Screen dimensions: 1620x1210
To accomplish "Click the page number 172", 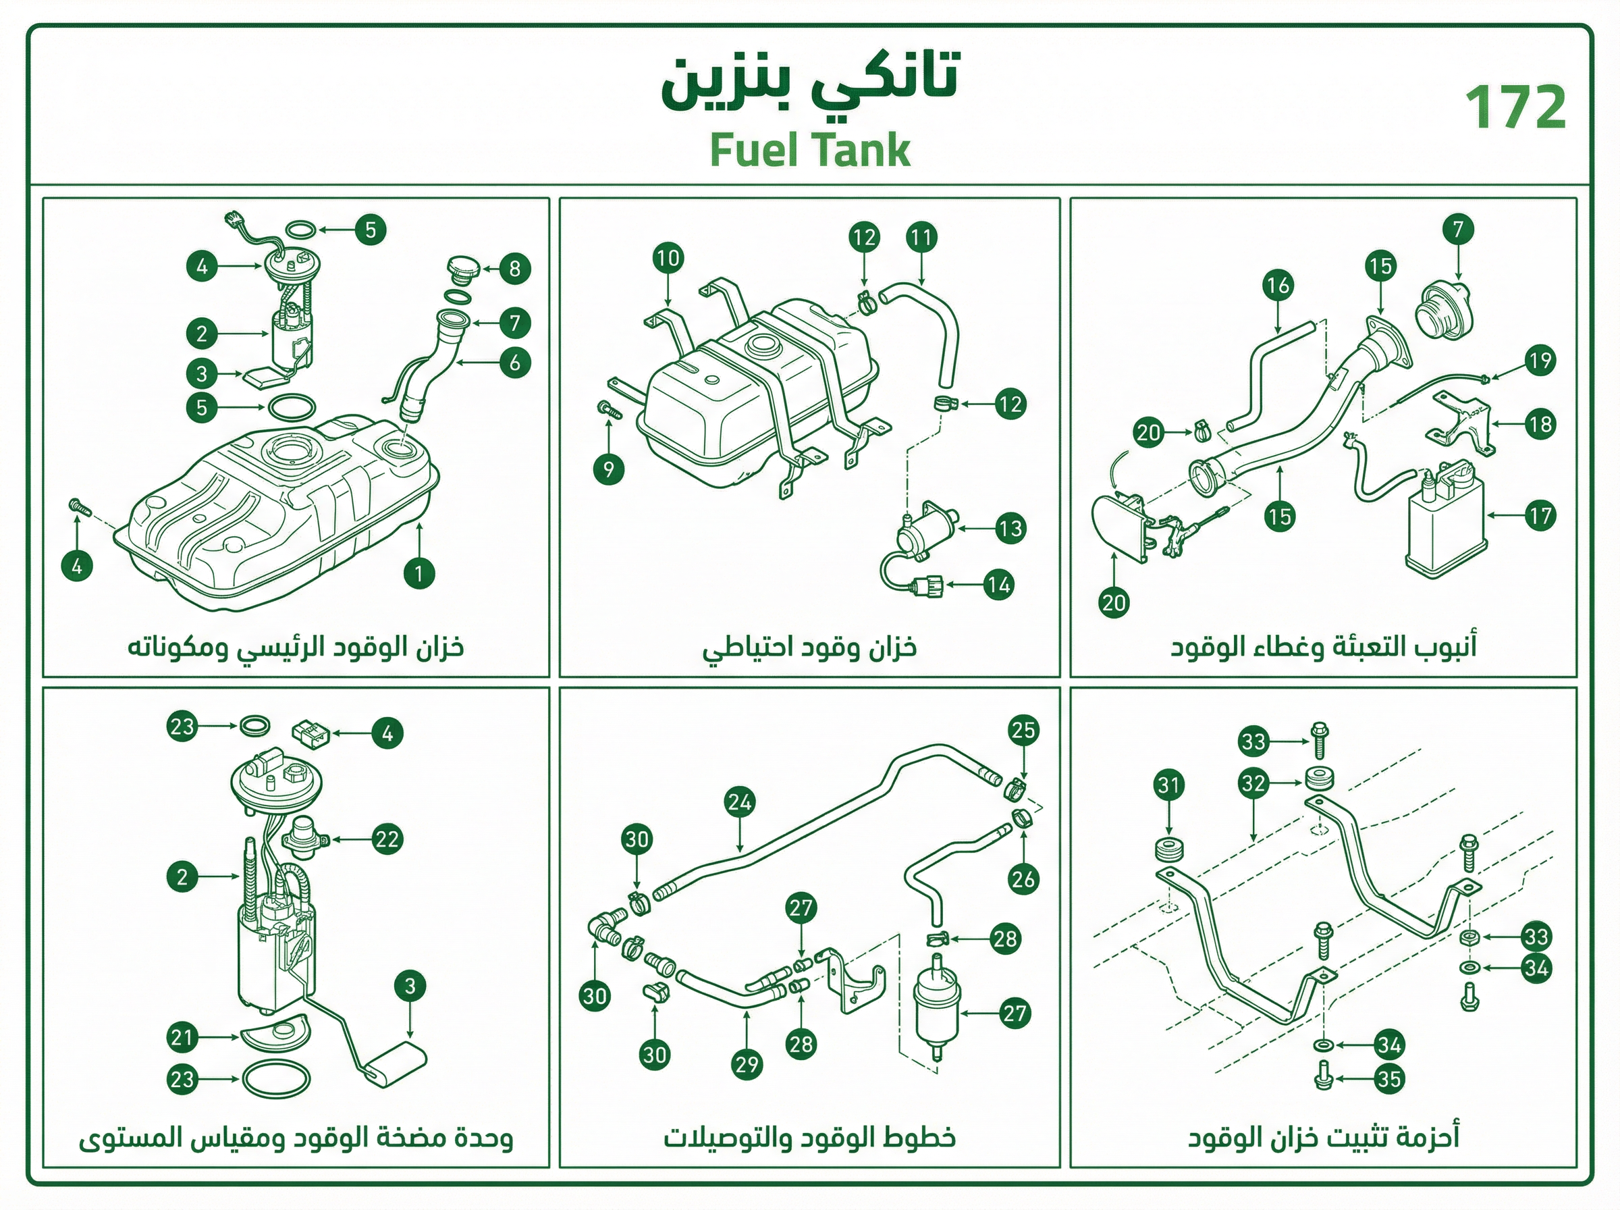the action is click(x=1515, y=106).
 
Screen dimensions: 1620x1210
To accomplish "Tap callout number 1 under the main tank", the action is click(x=418, y=573).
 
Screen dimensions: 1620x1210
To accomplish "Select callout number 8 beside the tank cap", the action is click(x=514, y=269).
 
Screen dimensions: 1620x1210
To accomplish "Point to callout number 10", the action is click(x=668, y=258).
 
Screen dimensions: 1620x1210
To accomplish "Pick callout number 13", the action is click(x=1011, y=528).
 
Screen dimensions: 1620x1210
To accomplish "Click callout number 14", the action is click(x=998, y=585).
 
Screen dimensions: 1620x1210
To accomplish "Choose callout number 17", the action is click(x=1540, y=516).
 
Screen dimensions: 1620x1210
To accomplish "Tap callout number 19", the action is click(x=1540, y=361).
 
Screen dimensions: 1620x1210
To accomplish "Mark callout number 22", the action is click(x=387, y=839).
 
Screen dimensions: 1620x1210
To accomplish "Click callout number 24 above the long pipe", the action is click(x=739, y=803).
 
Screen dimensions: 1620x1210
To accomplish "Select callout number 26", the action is click(x=1023, y=878).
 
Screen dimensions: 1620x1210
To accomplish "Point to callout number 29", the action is click(x=747, y=1063).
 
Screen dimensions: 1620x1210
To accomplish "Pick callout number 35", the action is click(x=1388, y=1079).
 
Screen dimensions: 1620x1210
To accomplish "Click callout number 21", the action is click(x=182, y=1037).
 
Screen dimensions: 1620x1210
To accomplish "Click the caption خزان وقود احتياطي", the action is click(x=809, y=648).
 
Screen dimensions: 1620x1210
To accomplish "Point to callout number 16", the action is click(x=1278, y=286).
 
